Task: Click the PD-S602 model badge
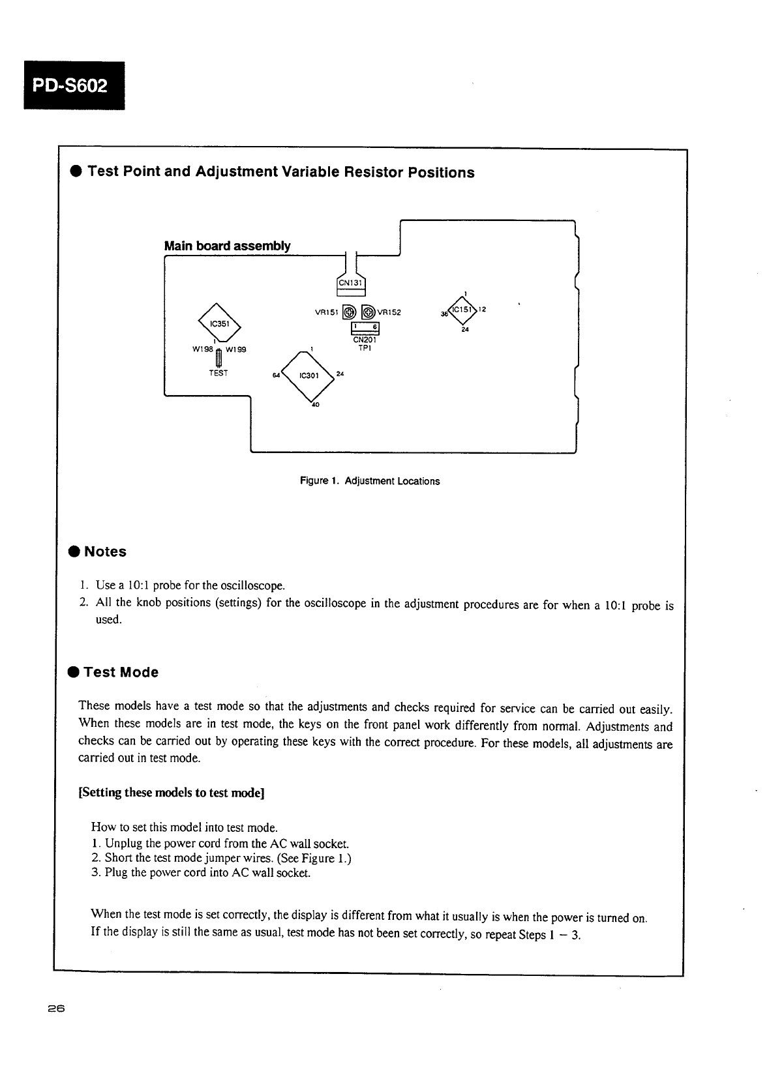point(74,85)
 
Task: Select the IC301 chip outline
point(307,376)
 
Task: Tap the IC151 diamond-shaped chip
point(464,310)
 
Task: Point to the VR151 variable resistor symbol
point(350,312)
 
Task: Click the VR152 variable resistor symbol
point(368,312)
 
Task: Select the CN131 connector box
point(351,284)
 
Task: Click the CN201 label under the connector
point(364,340)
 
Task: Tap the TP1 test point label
point(365,349)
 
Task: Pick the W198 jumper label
point(202,349)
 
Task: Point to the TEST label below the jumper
point(219,374)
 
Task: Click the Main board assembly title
point(227,246)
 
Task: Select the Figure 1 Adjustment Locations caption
point(369,481)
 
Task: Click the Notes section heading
point(105,552)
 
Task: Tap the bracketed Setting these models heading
point(171,793)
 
